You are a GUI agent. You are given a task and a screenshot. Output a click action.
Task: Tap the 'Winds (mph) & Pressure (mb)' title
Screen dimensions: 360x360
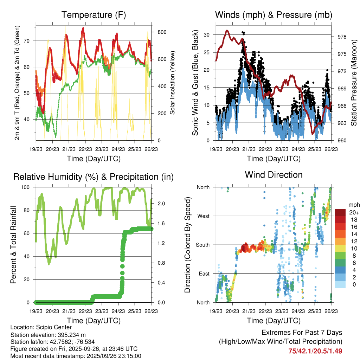274,15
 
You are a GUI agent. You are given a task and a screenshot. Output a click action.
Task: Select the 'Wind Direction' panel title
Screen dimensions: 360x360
274,175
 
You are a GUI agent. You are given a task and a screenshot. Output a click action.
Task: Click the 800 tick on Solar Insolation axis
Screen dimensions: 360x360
162,32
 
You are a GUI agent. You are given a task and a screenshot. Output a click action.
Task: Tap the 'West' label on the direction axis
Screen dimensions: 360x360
203,216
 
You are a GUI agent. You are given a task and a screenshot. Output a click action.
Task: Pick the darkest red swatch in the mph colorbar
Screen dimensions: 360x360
340,212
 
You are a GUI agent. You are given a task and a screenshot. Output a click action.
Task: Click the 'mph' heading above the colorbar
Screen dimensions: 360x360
354,205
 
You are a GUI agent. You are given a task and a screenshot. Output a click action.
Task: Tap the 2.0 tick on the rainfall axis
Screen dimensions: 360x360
162,204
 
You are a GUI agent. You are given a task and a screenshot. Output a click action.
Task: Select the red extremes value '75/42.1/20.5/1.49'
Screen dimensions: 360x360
315,351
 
